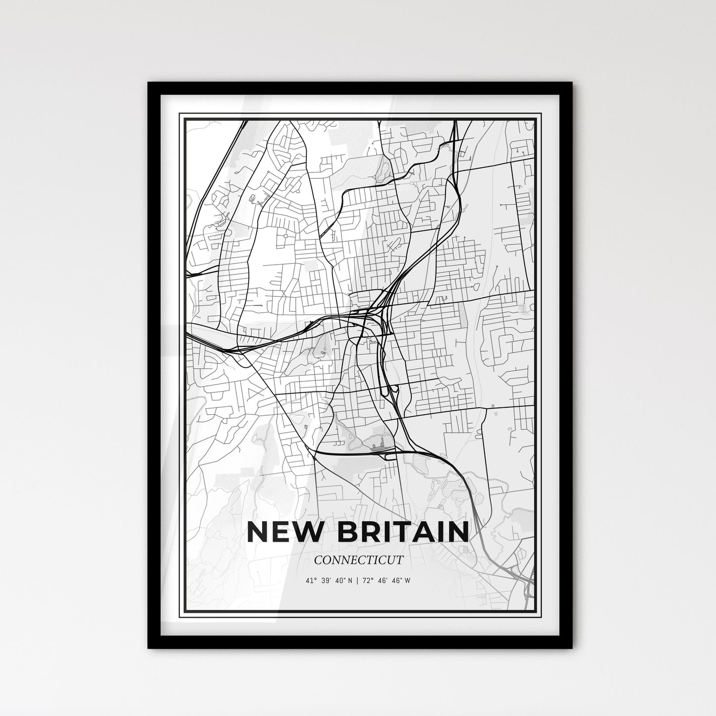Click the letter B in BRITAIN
344,532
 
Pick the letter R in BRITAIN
366,532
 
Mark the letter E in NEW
282,532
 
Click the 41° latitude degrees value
312,580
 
